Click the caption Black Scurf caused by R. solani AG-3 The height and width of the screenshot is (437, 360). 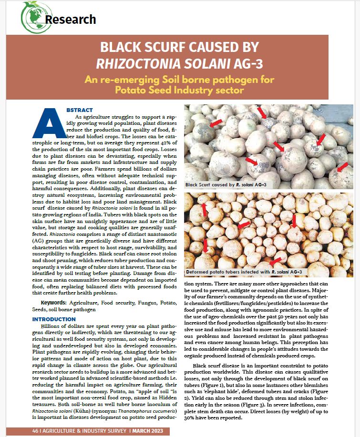click(x=226, y=184)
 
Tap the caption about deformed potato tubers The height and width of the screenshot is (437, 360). click(x=244, y=272)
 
